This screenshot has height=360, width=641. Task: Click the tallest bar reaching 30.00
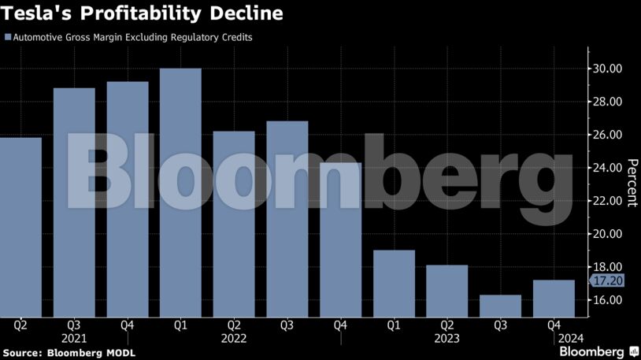click(x=180, y=193)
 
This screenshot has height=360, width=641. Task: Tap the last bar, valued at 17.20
click(x=554, y=299)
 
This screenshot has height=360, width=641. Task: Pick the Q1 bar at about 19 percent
click(x=394, y=284)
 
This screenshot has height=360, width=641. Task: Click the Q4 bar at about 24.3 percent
click(x=340, y=240)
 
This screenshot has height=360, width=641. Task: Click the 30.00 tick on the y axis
click(x=608, y=69)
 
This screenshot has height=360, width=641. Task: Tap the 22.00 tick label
click(x=608, y=201)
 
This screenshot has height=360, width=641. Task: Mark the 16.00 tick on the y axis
click(x=608, y=300)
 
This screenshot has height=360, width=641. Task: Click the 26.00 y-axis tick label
click(x=608, y=135)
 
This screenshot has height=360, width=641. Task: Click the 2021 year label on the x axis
click(x=74, y=338)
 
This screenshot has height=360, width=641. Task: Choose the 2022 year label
click(x=234, y=338)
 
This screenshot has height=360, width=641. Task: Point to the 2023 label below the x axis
click(x=447, y=338)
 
